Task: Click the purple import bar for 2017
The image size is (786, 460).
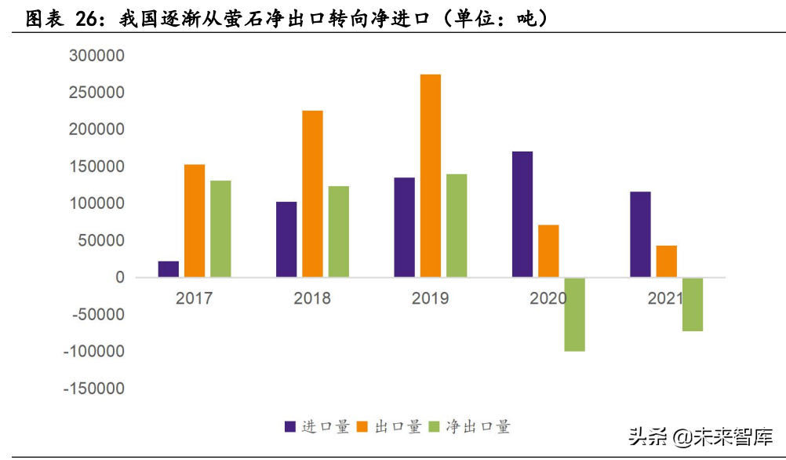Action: (x=168, y=269)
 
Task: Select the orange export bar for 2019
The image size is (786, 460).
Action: (x=430, y=176)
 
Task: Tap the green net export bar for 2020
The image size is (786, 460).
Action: (x=574, y=314)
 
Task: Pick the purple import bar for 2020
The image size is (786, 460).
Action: (x=522, y=214)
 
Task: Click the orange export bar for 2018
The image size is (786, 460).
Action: (x=312, y=194)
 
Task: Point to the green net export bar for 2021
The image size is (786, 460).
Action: (x=692, y=305)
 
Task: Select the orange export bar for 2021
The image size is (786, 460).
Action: (x=666, y=261)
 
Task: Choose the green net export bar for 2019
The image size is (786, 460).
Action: (x=457, y=225)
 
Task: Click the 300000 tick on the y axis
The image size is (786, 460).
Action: (x=96, y=56)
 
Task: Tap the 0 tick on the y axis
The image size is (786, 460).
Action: (x=119, y=277)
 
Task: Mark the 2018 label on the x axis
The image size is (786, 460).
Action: (x=312, y=298)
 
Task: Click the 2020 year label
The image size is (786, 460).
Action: (x=548, y=298)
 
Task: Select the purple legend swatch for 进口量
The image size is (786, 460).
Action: (x=289, y=427)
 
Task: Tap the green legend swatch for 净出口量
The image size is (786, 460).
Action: (x=437, y=427)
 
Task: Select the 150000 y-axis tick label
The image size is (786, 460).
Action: (x=96, y=166)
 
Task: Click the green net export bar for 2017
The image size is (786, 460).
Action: (x=220, y=228)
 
